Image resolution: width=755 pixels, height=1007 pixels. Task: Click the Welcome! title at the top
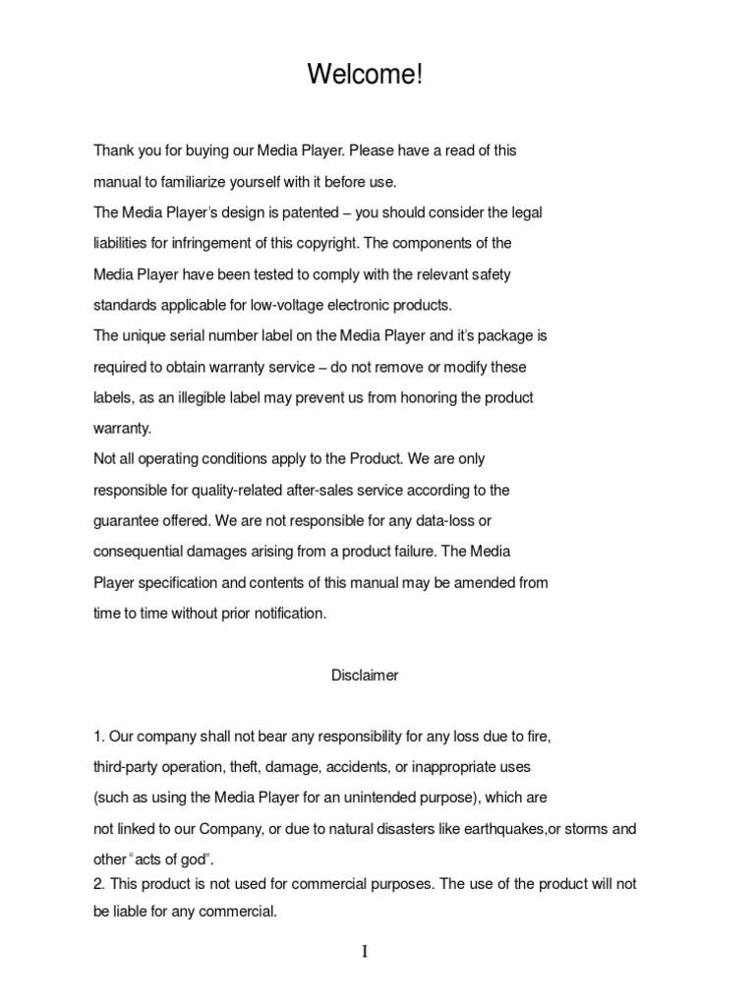[365, 75]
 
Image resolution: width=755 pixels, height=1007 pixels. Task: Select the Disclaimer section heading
[365, 676]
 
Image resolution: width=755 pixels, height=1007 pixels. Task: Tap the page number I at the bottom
[365, 952]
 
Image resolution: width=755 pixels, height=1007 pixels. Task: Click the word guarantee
[126, 520]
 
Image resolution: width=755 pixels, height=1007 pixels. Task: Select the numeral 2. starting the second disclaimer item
[99, 884]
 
